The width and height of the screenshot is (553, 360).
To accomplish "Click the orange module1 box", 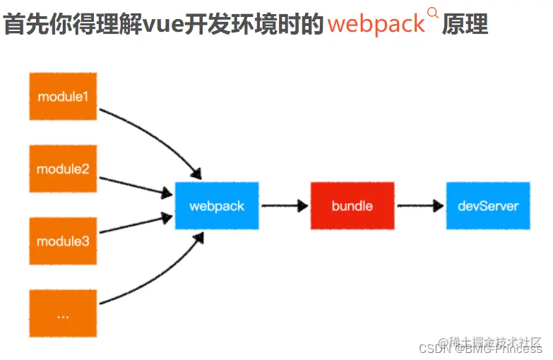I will pos(63,96).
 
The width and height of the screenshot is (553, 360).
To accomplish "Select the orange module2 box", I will pos(63,169).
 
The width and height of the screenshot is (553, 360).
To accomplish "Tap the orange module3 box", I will pos(63,241).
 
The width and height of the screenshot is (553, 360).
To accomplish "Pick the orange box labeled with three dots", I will pos(63,314).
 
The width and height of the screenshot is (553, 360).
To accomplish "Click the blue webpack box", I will pos(217,205).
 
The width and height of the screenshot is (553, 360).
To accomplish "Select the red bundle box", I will pos(352,205).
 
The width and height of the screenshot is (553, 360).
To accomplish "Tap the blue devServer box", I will pos(488,205).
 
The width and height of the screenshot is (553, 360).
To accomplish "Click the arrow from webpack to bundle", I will pos(284,205).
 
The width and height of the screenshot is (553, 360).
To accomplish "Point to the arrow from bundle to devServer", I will pos(420,205).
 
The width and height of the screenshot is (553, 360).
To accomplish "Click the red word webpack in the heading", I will pos(376,24).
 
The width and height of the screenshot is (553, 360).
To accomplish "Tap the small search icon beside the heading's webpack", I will pos(433,12).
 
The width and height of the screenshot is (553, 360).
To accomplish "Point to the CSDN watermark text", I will pos(432,349).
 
